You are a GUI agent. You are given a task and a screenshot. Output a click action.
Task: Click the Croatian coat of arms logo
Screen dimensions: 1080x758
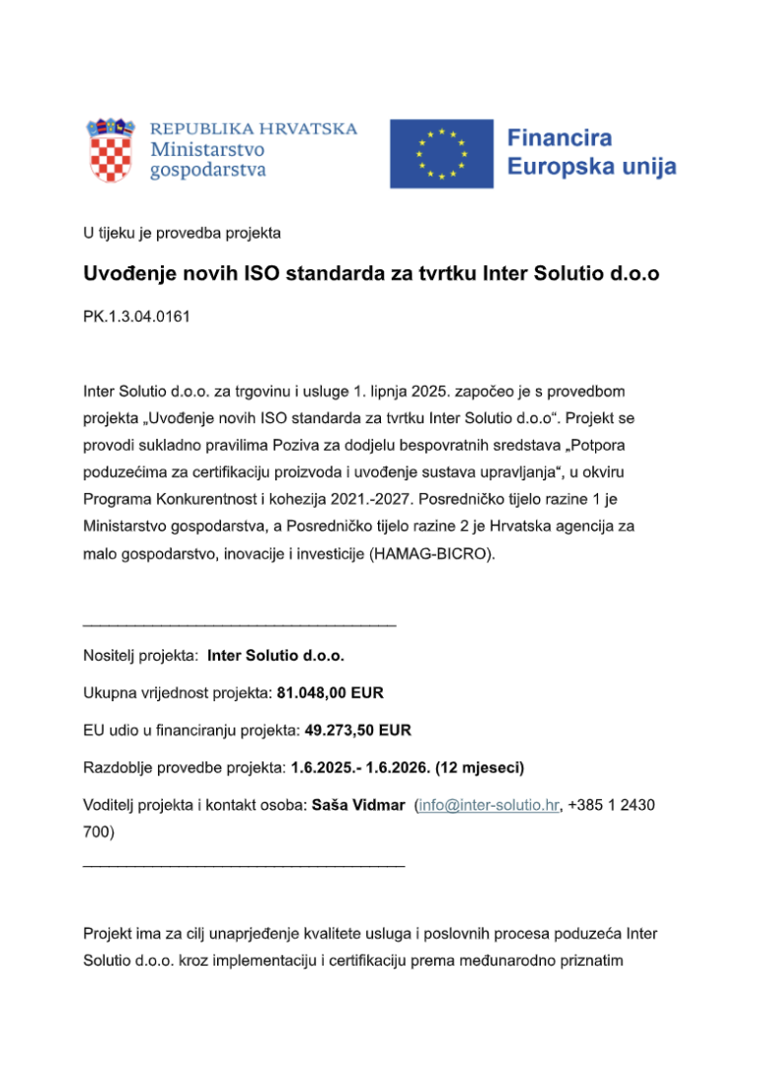[110, 150]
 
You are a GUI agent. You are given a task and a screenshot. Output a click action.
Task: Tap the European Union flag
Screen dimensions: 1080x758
[441, 154]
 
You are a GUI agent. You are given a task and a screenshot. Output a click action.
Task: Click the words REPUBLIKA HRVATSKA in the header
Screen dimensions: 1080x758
[254, 129]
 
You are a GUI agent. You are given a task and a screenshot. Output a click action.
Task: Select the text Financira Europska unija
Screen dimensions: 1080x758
[591, 152]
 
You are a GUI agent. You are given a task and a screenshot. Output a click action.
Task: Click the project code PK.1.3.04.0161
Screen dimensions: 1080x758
[136, 320]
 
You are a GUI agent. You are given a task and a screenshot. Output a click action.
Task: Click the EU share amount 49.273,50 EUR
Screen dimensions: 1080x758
[358, 731]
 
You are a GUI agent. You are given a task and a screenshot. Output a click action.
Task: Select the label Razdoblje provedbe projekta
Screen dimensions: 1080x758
[185, 767]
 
